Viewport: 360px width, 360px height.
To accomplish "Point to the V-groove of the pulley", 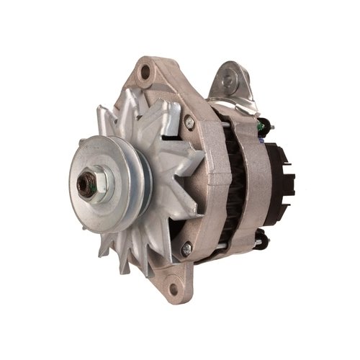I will [x=141, y=180].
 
